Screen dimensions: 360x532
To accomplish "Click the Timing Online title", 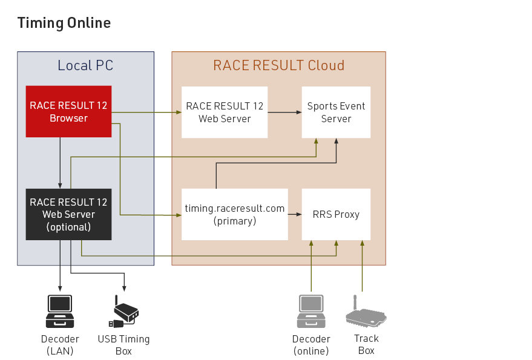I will [64, 23].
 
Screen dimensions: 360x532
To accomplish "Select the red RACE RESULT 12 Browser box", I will [68, 111].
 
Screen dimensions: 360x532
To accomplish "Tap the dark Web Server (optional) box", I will [68, 214].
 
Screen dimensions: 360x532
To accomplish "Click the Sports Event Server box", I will [336, 112].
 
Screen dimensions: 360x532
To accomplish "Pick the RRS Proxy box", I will [336, 214].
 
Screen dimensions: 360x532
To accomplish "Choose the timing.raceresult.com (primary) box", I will [234, 214].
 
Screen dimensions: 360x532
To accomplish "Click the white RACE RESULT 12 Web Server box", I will [225, 112].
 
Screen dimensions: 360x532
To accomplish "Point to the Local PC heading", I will [85, 65].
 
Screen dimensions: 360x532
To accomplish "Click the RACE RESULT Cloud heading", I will [278, 65].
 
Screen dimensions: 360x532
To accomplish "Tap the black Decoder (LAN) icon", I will [60, 311].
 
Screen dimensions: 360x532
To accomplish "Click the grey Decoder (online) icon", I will [311, 311].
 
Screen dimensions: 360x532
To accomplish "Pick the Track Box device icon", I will [366, 312].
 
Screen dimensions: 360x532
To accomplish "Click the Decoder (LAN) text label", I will [60, 345].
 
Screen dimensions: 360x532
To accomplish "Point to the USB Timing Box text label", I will [123, 345].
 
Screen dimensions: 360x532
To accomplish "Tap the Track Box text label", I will [366, 344].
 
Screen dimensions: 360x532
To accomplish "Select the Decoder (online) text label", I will [311, 345].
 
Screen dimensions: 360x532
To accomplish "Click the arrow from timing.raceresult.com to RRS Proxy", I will [295, 214].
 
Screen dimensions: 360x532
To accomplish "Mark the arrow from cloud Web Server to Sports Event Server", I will [285, 112].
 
